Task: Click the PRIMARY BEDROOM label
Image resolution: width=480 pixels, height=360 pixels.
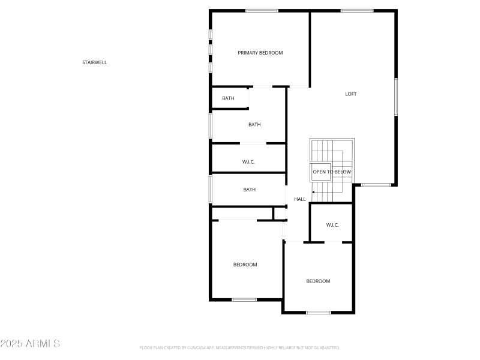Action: (260, 53)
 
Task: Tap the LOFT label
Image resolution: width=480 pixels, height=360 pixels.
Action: (351, 94)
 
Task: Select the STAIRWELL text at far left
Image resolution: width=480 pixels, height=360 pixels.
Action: (95, 62)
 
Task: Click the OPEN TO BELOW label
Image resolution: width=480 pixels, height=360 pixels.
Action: (332, 172)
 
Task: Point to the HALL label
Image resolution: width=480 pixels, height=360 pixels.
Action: (300, 199)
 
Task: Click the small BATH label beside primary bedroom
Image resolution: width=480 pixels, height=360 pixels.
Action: (228, 98)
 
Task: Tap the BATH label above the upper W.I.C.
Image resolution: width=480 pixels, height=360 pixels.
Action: (254, 125)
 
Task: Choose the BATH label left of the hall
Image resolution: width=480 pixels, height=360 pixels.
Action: (249, 190)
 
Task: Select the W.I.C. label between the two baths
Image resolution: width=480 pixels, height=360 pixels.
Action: (249, 162)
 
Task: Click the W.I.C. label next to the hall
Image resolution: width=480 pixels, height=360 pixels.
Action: (332, 225)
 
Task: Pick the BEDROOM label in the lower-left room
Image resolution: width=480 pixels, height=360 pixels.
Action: (245, 265)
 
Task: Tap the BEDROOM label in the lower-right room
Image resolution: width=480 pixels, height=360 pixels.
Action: (318, 281)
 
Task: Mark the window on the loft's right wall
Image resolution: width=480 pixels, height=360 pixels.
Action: (395, 96)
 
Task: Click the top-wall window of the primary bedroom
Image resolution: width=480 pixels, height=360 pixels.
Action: (262, 11)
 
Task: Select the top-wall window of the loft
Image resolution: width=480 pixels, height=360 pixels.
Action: (357, 11)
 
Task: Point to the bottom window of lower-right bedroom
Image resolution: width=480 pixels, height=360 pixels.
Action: (319, 312)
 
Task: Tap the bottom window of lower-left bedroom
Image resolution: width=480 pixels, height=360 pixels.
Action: (244, 299)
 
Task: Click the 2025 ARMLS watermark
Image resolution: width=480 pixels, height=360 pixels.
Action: (30, 344)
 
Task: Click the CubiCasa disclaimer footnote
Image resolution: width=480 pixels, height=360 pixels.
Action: (240, 347)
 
